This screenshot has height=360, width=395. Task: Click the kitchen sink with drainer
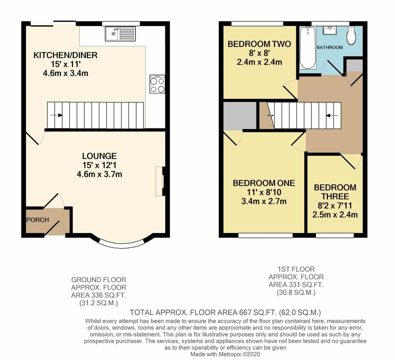[120, 34]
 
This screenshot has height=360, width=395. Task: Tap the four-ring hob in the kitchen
[157, 84]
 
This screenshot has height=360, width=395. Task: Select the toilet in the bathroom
[351, 35]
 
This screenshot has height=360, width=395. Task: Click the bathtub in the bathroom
[307, 48]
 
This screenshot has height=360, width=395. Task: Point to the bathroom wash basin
[329, 31]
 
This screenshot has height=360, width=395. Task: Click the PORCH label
[38, 220]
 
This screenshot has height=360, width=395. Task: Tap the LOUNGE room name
[99, 156]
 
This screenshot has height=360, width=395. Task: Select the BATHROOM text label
[329, 47]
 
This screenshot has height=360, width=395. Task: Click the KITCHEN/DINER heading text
[66, 55]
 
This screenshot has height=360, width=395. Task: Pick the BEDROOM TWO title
[259, 44]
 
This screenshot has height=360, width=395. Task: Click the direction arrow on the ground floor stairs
[57, 115]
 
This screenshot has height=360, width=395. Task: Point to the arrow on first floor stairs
[332, 116]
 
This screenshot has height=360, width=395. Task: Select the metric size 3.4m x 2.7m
[264, 201]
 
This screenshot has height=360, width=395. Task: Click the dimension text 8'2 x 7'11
[335, 206]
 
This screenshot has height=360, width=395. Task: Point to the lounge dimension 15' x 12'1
[99, 165]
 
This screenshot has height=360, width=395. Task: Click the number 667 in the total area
[245, 312]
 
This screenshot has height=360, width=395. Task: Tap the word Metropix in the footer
[230, 354]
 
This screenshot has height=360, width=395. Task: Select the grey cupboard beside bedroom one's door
[240, 116]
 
